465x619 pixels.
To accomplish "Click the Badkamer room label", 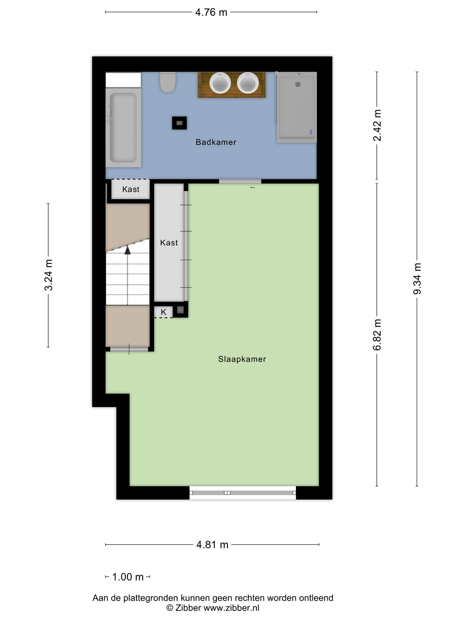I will click(x=216, y=142).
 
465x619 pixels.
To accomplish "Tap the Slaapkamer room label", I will click(x=242, y=359).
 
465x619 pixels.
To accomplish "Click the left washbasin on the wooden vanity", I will click(x=220, y=83).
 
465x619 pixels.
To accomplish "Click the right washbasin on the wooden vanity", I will click(x=248, y=83).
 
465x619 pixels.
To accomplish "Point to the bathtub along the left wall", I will click(x=123, y=127).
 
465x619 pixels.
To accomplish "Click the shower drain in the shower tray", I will click(x=298, y=84).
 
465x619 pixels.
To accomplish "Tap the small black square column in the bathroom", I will click(x=179, y=123).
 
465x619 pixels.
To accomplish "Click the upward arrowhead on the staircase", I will click(x=128, y=250).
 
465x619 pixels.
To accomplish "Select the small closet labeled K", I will click(x=163, y=312).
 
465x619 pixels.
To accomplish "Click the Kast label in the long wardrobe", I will click(x=169, y=243).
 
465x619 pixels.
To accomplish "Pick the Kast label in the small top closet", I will click(x=131, y=189).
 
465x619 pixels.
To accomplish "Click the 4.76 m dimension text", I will click(x=211, y=13).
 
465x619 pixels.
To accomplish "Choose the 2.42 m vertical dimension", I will click(x=377, y=125).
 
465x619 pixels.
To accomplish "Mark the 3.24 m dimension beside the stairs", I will click(x=48, y=275).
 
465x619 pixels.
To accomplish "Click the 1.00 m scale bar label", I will click(x=128, y=577).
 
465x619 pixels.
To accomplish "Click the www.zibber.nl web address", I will click(x=231, y=608).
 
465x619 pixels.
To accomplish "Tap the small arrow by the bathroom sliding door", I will click(x=253, y=187).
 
